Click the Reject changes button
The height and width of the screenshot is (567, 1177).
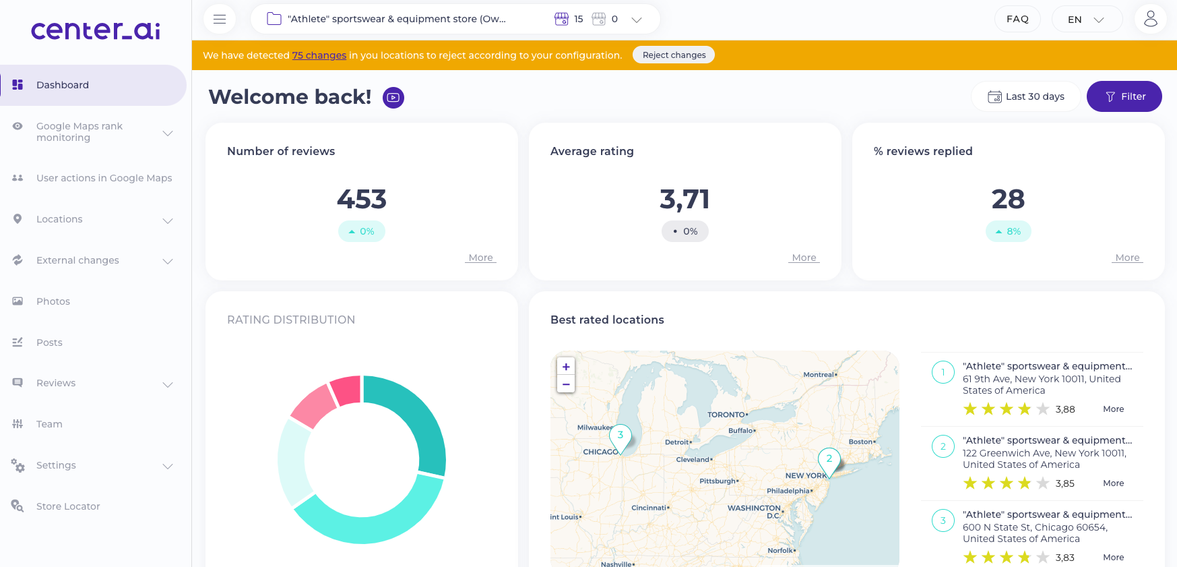[674, 55]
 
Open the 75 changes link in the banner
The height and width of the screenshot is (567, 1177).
[319, 55]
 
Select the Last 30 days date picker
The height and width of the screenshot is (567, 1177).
[1026, 96]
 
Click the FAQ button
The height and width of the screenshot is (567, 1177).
[1017, 19]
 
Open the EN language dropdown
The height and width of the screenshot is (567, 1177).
[1086, 20]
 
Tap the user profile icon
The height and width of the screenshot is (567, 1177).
[1150, 19]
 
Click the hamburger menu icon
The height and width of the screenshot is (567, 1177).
[220, 19]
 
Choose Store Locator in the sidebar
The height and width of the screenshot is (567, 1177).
[68, 506]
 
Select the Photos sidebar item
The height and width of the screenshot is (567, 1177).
[53, 301]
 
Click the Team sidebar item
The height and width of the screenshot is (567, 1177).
[49, 424]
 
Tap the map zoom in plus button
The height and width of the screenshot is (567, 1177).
[566, 367]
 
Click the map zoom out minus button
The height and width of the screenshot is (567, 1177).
[566, 384]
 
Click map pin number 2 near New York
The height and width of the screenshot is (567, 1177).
[829, 460]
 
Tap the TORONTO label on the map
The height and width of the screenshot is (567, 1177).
[727, 415]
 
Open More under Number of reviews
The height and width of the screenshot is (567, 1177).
[480, 258]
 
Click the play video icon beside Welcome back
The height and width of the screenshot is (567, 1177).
[393, 98]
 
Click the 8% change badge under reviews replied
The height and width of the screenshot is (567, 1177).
[1008, 231]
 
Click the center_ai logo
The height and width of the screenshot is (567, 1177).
[96, 30]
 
